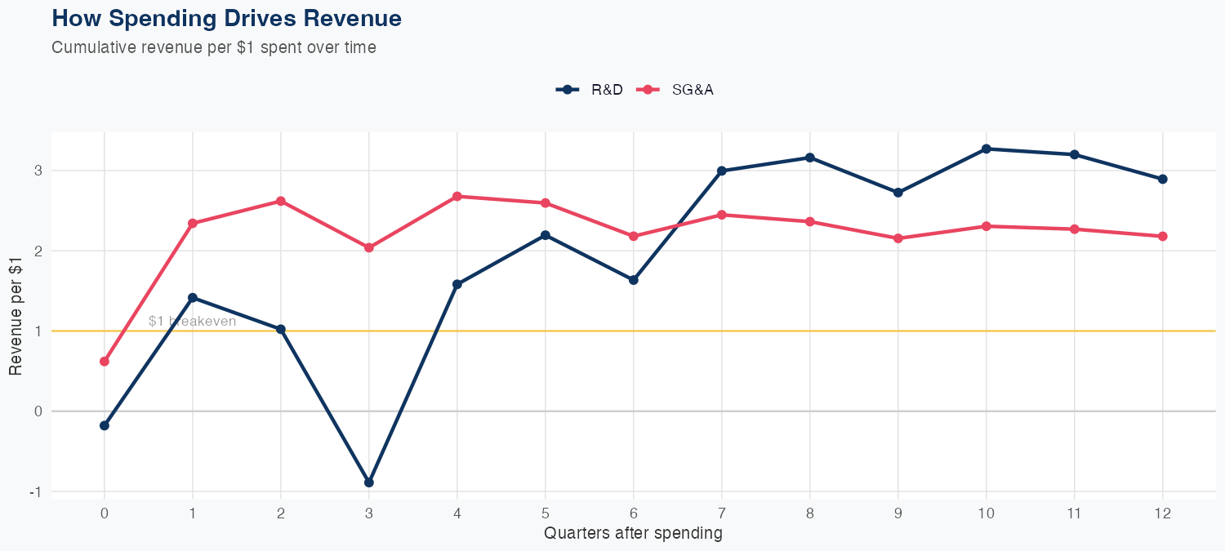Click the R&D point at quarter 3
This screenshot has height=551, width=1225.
pos(369,482)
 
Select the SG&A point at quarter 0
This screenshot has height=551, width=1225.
pos(105,361)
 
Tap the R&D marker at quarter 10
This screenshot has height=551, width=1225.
pos(987,149)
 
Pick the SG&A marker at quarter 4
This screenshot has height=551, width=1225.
pos(457,196)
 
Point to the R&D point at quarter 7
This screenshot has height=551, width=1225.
pos(722,171)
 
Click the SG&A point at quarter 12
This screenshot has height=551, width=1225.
pos(1163,236)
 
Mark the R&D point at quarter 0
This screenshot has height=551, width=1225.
pos(105,425)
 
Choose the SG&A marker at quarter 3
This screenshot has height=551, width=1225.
pos(369,247)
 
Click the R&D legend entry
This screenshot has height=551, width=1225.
pos(590,90)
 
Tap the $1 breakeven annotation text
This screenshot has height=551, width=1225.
pos(193,322)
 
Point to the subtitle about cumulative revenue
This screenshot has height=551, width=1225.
pos(214,47)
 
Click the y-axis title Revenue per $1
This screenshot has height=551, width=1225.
pos(16,314)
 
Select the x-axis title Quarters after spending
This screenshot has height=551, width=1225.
pos(633,533)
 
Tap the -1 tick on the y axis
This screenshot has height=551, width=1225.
pos(35,492)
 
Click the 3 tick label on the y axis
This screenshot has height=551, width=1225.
pos(37,171)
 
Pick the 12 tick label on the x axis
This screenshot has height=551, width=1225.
pos(1163,513)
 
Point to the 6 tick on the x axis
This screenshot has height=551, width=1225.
pos(634,513)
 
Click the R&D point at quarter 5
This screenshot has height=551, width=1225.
pos(546,235)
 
